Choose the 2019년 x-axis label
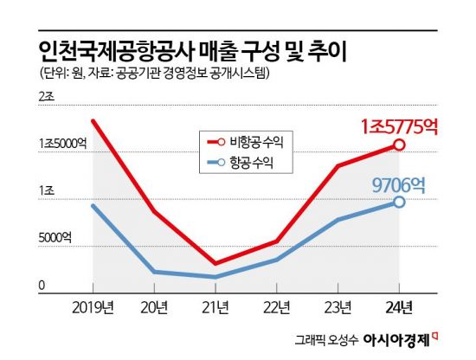tap(93, 307)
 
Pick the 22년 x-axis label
tap(277, 307)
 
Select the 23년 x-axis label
tap(338, 307)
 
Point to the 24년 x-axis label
tap(399, 307)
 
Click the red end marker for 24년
tap(399, 145)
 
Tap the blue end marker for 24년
tap(399, 202)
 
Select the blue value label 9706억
tap(402, 183)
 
